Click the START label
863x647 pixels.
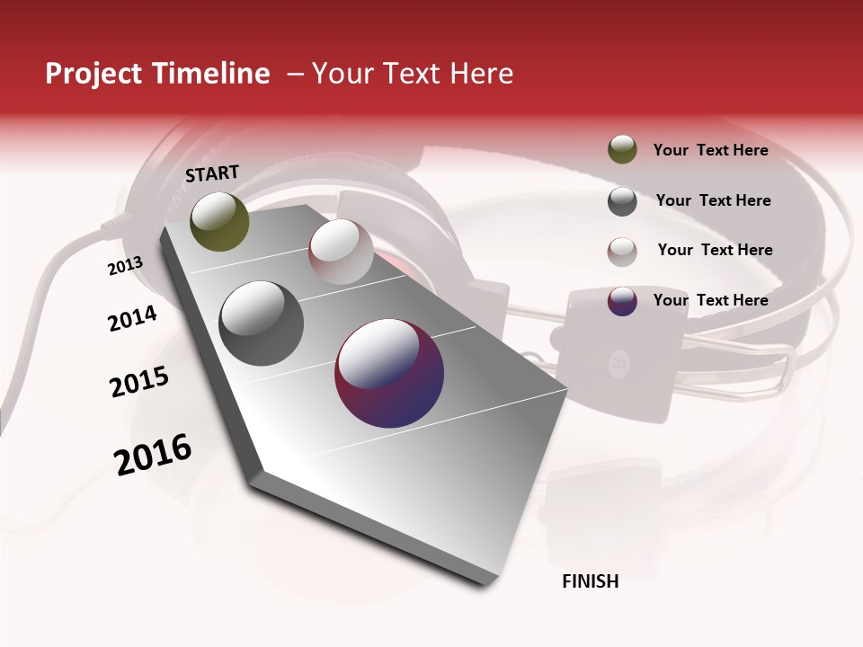click(x=212, y=173)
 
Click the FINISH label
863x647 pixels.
click(x=590, y=581)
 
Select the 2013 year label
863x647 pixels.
click(x=125, y=266)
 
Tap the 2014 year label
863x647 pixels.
click(x=132, y=318)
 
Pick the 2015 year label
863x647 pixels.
click(x=138, y=382)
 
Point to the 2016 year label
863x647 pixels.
click(x=153, y=455)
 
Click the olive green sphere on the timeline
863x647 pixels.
click(x=219, y=221)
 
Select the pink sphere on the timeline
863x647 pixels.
click(x=341, y=252)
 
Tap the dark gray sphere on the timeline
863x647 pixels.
click(x=262, y=323)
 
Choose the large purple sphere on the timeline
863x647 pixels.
click(x=389, y=373)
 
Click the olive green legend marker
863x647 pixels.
click(x=622, y=149)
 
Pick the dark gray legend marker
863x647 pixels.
click(x=622, y=201)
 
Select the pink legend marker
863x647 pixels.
click(x=622, y=252)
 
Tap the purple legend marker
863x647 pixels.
click(x=622, y=301)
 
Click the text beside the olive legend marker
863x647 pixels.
click(x=710, y=151)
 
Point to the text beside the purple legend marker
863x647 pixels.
click(x=710, y=300)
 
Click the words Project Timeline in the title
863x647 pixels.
click(x=157, y=74)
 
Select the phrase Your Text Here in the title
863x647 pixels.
click(x=412, y=74)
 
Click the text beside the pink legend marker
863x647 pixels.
click(x=715, y=250)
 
